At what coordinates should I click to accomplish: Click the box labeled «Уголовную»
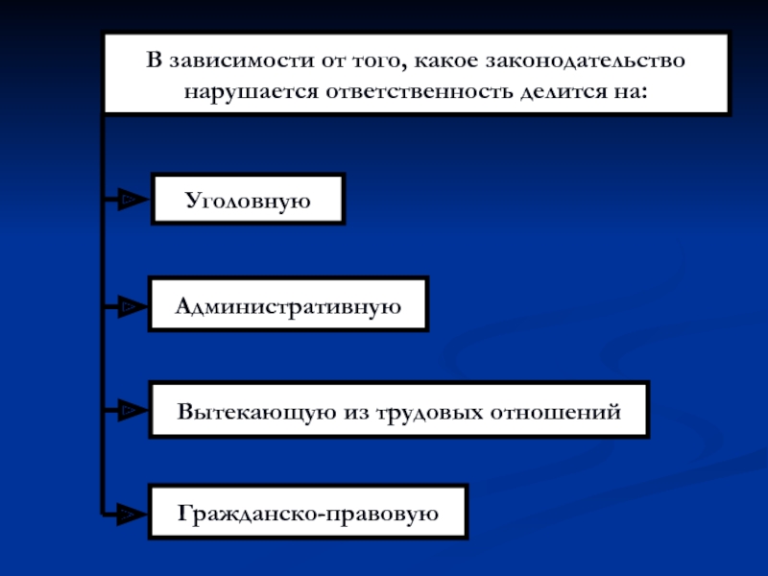tap(247, 199)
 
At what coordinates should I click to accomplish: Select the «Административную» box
tap(288, 305)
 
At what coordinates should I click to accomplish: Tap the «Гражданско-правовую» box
tap(308, 512)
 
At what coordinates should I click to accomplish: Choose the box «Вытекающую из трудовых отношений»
tap(398, 411)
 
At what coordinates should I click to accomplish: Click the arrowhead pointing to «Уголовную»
tap(129, 200)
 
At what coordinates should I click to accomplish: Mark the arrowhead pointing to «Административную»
tap(129, 307)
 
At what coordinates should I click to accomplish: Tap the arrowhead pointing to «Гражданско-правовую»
tap(129, 515)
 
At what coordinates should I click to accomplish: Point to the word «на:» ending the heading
tap(630, 92)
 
